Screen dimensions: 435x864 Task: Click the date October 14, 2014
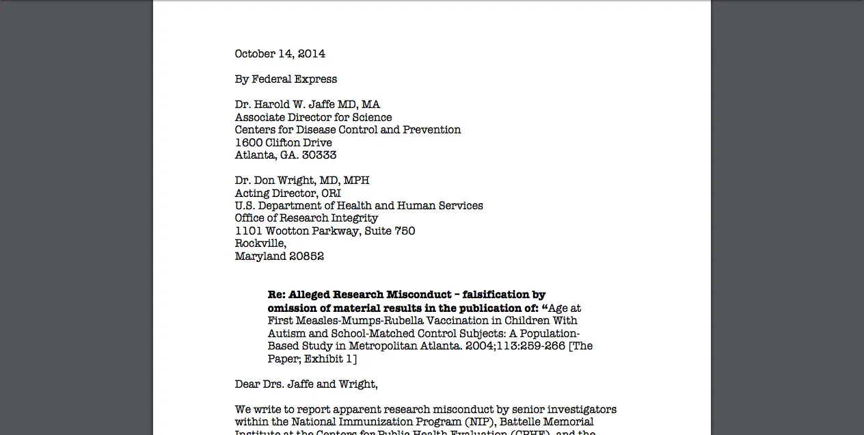click(x=280, y=54)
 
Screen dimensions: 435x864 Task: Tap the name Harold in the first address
click(x=274, y=105)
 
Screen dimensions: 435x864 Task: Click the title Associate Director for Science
click(x=313, y=118)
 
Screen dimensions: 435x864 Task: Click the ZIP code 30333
click(x=319, y=155)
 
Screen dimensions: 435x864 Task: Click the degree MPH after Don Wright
click(x=356, y=181)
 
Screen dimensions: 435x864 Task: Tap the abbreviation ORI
click(x=331, y=194)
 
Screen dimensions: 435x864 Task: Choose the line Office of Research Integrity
click(x=306, y=218)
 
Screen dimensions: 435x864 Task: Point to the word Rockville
click(x=260, y=243)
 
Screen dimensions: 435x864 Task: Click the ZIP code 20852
click(x=306, y=256)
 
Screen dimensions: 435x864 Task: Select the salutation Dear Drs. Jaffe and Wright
click(x=306, y=384)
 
